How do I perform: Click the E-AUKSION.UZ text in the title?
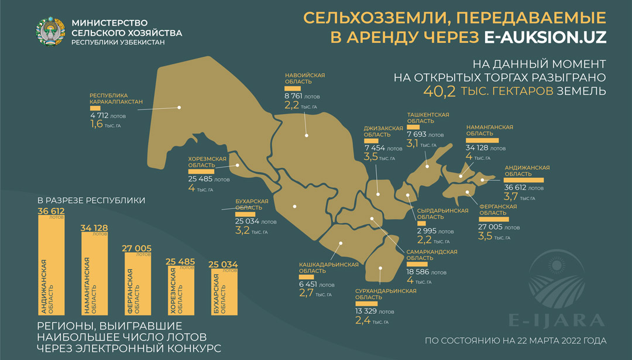click(545, 37)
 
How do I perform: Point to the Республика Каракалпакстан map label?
click(116, 98)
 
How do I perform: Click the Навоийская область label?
click(304, 79)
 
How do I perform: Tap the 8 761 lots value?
click(294, 95)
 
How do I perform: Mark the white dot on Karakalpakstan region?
click(180, 107)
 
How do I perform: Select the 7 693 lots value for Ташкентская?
click(418, 135)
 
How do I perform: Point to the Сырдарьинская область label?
click(442, 214)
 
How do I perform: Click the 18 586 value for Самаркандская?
click(417, 272)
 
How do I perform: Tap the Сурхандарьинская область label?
click(385, 294)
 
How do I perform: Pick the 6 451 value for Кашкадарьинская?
click(309, 286)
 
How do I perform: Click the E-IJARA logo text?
click(555, 320)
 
